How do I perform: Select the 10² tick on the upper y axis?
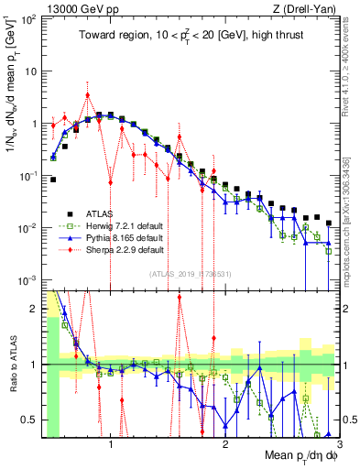click(29, 19)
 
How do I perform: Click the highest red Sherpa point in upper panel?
click(87, 94)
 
